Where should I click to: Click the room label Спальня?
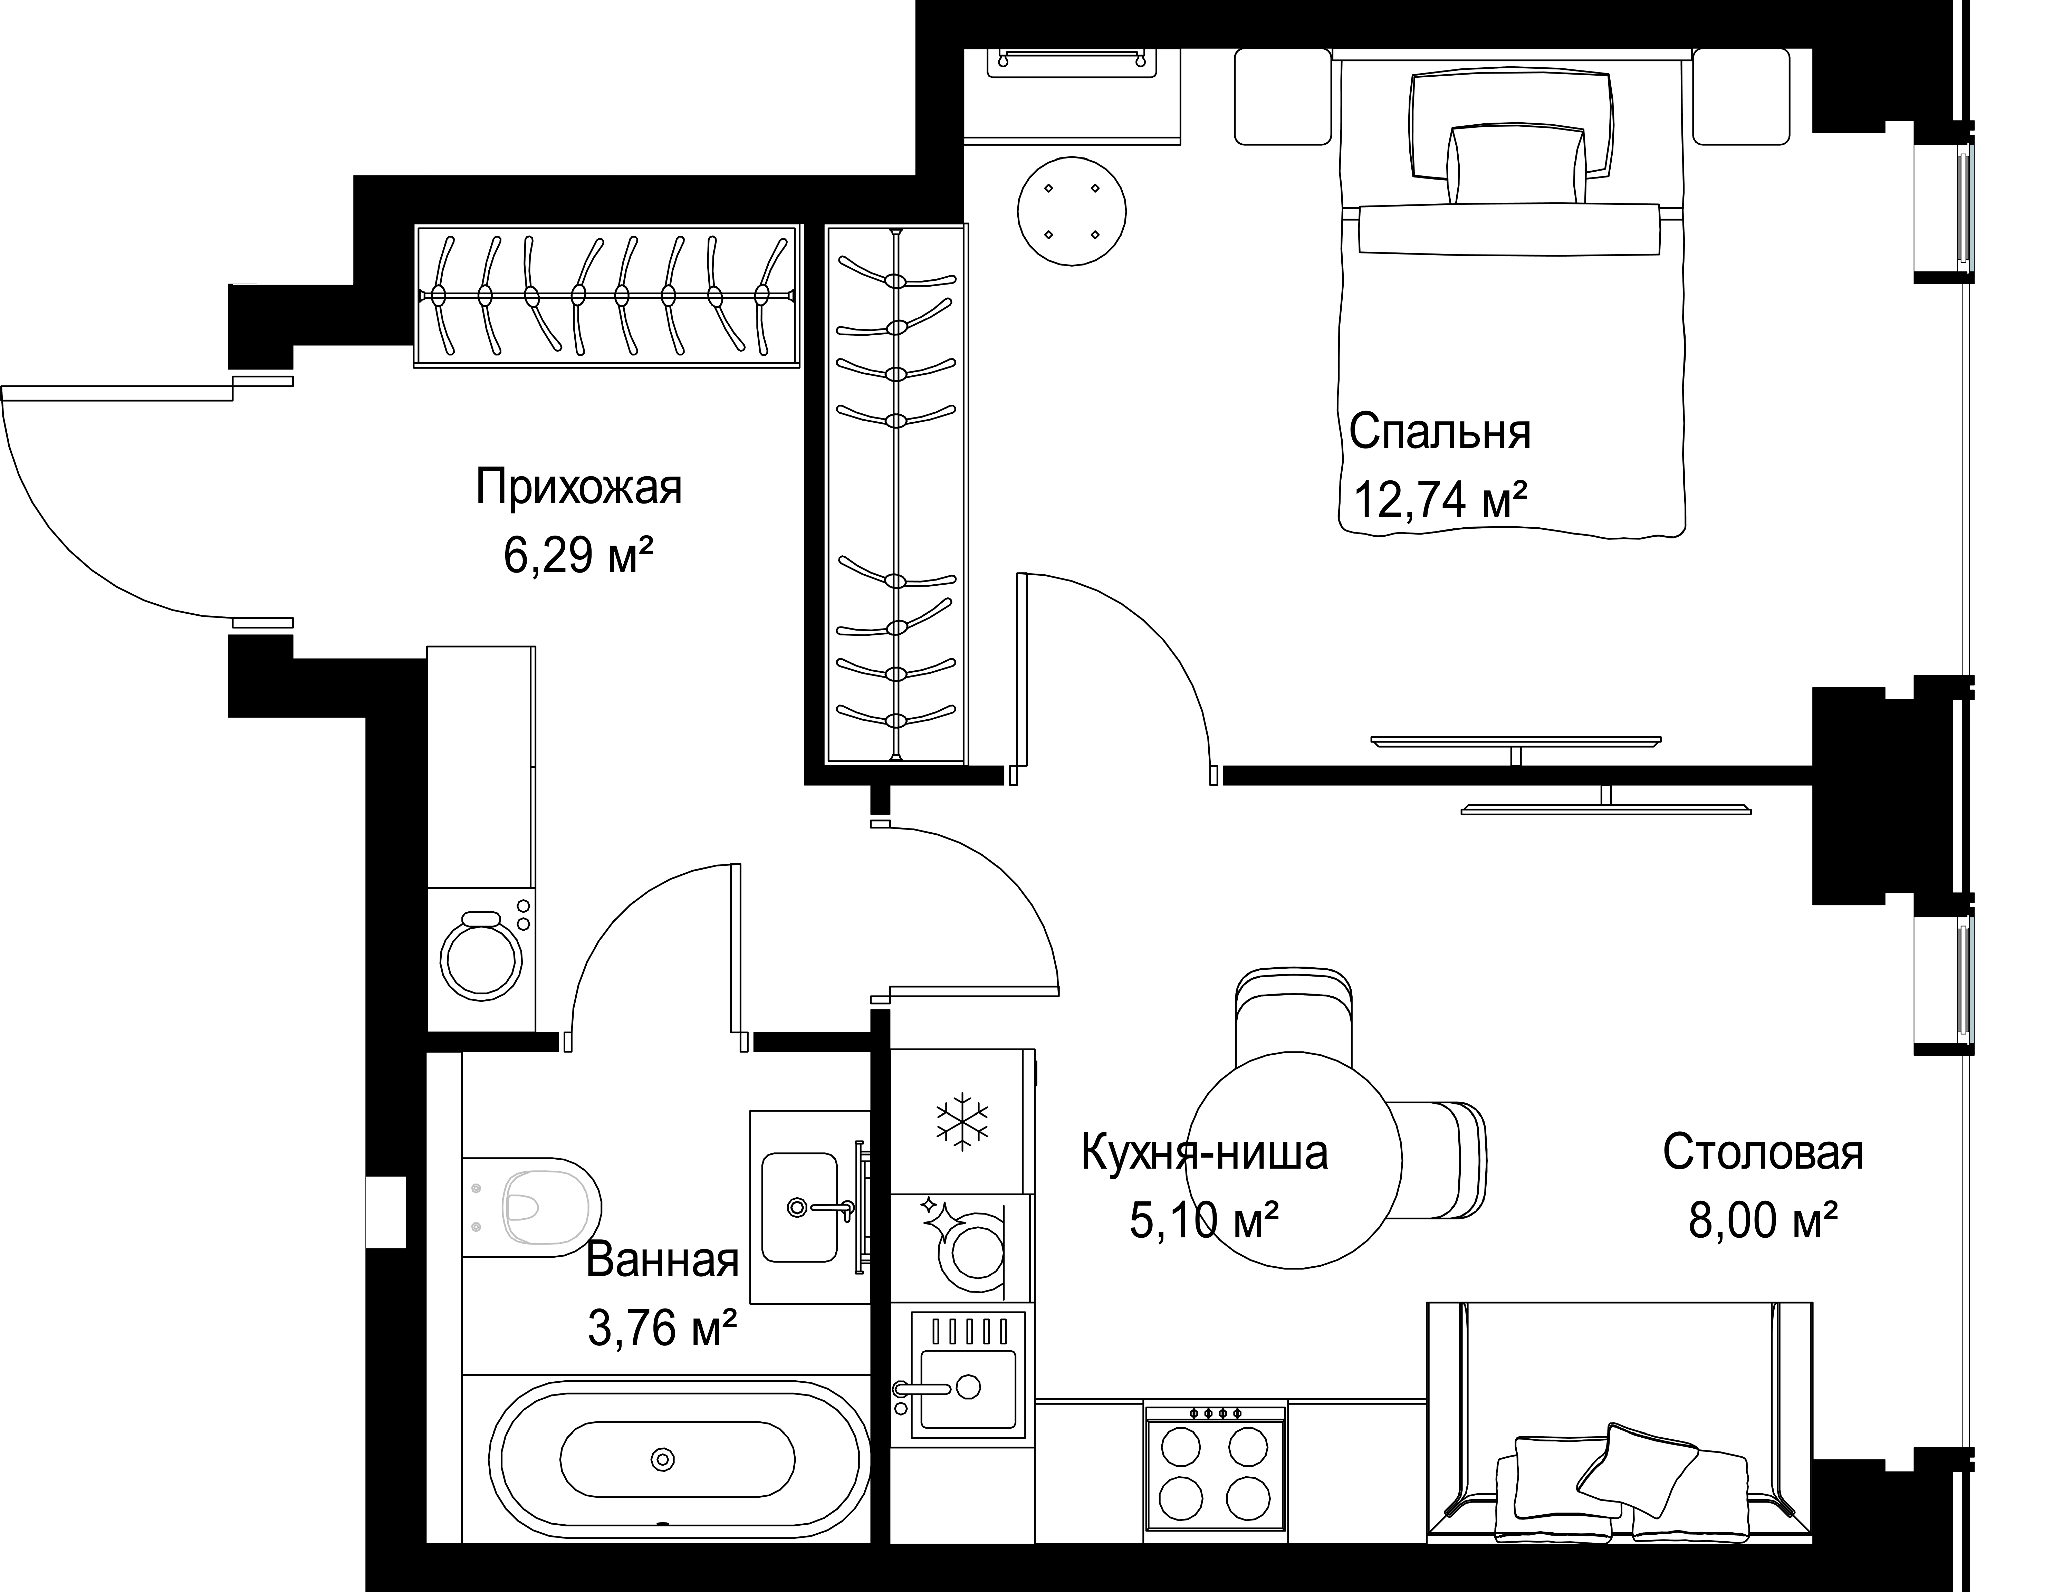(1439, 432)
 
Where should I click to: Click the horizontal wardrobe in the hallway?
(606, 296)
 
